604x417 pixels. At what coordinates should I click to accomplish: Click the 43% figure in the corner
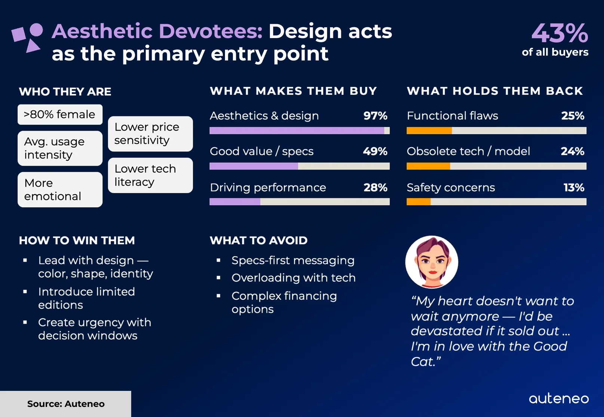click(560, 33)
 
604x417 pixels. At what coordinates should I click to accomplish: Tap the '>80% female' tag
click(60, 114)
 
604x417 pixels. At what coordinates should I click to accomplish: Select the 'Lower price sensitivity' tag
click(150, 134)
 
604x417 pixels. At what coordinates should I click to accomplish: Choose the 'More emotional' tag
click(60, 190)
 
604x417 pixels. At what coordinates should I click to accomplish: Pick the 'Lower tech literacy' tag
click(150, 175)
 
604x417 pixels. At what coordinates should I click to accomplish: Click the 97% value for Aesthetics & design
click(375, 116)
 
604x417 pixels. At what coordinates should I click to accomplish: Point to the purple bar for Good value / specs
click(254, 166)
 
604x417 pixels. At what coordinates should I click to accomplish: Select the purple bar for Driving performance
click(235, 202)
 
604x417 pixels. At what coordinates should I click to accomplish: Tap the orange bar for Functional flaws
click(429, 131)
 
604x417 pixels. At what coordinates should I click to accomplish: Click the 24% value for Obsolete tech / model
click(572, 151)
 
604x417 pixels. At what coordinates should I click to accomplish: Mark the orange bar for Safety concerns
click(419, 202)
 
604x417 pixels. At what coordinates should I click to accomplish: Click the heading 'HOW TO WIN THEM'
click(77, 240)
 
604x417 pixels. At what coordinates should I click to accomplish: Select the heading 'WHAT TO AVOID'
click(259, 240)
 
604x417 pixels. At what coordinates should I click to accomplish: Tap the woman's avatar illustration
click(432, 262)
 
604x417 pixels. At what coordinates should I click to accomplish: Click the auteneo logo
click(559, 398)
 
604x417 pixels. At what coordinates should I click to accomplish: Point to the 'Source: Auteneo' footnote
click(66, 404)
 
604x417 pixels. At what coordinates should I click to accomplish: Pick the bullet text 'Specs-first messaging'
click(293, 260)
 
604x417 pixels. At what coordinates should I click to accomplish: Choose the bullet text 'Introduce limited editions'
click(86, 298)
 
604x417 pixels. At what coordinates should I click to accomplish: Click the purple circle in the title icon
click(36, 30)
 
